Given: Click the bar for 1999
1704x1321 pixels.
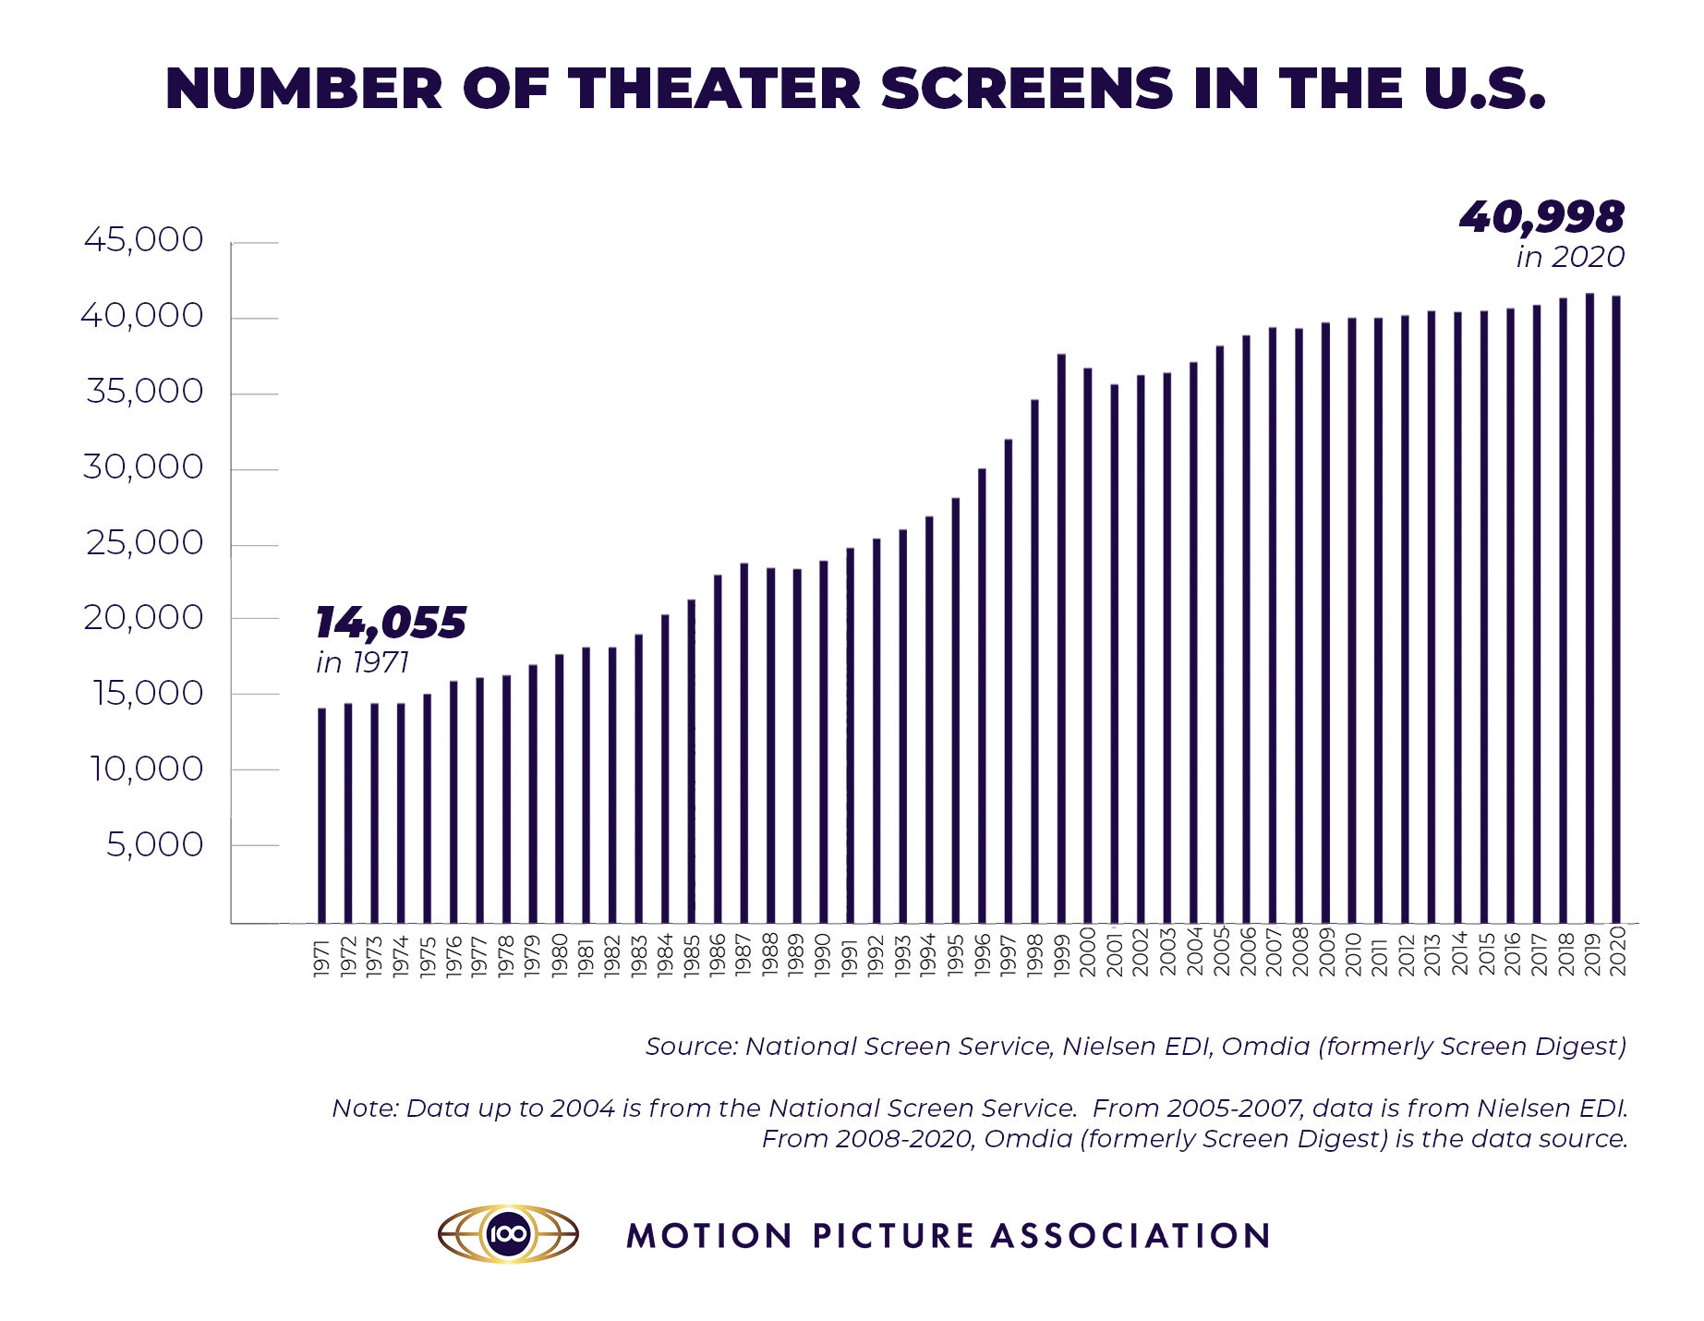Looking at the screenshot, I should (x=1061, y=637).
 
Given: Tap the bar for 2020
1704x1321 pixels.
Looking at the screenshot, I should (x=1616, y=609).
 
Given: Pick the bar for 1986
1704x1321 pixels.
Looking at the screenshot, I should (x=718, y=748).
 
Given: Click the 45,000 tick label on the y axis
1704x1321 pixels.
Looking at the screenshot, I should (x=143, y=240).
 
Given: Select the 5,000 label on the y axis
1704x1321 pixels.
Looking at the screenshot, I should (x=154, y=844).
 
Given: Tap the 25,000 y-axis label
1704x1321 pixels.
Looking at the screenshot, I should (x=144, y=543).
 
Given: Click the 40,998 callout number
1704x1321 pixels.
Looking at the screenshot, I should (x=1541, y=218).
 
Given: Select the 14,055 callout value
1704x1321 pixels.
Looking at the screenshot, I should (x=391, y=623).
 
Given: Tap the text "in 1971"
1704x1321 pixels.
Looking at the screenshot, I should (x=362, y=663).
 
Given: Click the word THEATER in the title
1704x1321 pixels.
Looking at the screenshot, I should (x=714, y=90).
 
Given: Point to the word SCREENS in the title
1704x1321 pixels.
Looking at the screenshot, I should (x=1027, y=90).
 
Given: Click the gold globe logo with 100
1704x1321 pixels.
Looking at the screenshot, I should (x=508, y=1233).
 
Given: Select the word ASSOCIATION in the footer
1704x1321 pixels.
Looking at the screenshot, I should (x=1131, y=1236).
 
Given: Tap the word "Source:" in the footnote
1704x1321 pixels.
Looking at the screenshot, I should (x=691, y=1047).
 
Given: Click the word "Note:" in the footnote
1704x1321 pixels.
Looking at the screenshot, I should (x=365, y=1109).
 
